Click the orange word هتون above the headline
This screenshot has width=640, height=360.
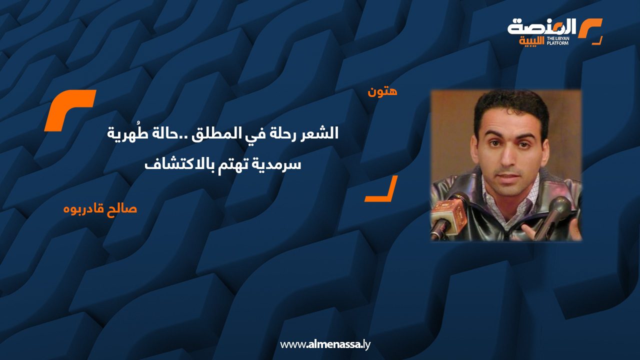(x=382, y=92)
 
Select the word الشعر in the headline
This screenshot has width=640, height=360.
(x=322, y=133)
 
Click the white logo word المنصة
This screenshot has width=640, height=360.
(x=542, y=27)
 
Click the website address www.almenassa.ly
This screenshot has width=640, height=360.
(x=324, y=344)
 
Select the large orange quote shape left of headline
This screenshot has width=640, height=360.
(x=69, y=110)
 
